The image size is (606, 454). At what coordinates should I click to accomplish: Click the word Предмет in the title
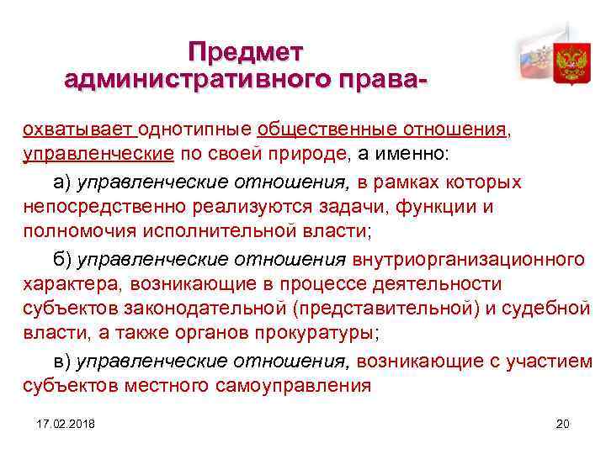point(245,52)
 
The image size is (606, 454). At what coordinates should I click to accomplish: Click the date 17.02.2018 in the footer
point(66,423)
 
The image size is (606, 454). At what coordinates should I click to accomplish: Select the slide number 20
point(563,423)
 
